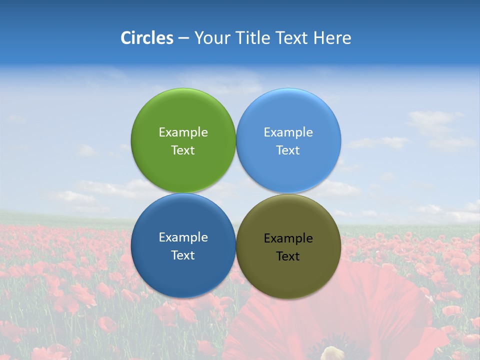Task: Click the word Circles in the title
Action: [146, 38]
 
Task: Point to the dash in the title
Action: [183, 38]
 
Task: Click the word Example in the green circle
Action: [183, 132]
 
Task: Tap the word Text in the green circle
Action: [183, 150]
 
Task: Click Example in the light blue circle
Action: [288, 132]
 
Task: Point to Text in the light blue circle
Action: [288, 150]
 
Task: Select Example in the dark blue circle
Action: [183, 237]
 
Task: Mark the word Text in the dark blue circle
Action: [183, 255]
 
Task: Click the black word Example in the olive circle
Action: [288, 238]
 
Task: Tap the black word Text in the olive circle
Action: [288, 256]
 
